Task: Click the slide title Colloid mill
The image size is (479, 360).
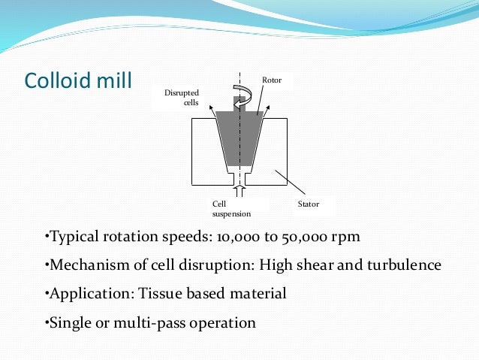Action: pyautogui.click(x=77, y=80)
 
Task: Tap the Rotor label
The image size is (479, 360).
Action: pyautogui.click(x=271, y=80)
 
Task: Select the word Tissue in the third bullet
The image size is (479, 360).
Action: pyautogui.click(x=160, y=294)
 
